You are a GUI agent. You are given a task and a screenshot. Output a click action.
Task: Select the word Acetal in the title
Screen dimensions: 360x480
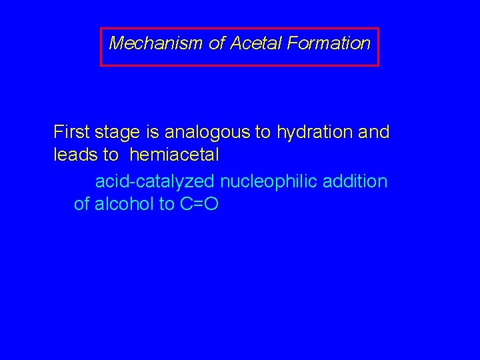coord(257,44)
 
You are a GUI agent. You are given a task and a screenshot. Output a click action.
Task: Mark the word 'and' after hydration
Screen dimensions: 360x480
coord(374,132)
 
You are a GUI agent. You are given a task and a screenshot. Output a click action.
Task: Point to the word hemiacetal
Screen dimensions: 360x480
coord(175,156)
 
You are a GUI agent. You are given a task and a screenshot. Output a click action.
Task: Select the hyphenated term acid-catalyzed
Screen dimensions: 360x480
coord(155,181)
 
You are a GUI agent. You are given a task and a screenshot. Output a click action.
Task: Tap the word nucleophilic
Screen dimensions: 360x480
coord(267,181)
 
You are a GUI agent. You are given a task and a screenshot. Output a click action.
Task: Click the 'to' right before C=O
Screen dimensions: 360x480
coord(167,204)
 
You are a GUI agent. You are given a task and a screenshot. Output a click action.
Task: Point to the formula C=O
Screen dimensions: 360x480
coord(199,204)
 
